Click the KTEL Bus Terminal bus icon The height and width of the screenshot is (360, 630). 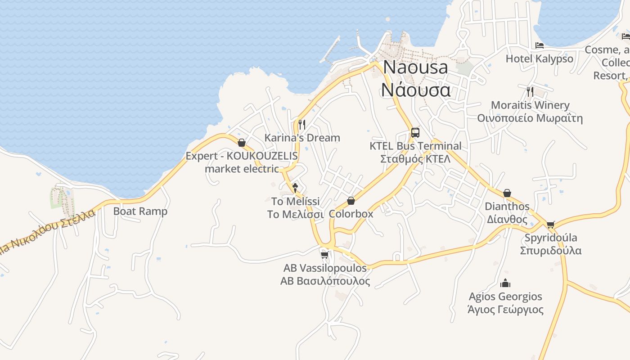(x=415, y=133)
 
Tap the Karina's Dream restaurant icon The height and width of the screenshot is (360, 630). (x=302, y=124)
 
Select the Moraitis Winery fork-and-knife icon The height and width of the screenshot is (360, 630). (x=530, y=92)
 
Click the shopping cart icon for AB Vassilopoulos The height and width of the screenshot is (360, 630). (x=324, y=255)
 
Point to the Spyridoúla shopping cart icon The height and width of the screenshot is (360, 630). (x=550, y=224)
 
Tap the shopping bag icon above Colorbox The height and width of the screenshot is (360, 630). (x=351, y=201)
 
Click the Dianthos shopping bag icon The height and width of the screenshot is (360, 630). (x=507, y=193)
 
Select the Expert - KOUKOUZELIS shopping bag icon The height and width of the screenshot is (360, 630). (x=242, y=143)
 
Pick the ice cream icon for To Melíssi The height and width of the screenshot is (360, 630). (x=295, y=187)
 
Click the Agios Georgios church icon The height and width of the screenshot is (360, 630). (x=505, y=283)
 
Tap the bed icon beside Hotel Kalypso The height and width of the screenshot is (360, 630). (x=540, y=45)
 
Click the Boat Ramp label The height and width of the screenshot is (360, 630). (x=140, y=211)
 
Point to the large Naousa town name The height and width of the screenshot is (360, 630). (x=415, y=67)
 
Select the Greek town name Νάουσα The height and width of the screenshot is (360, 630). (x=415, y=90)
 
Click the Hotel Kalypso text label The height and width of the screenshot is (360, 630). (x=540, y=58)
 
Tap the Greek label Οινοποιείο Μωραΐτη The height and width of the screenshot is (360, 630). (x=530, y=118)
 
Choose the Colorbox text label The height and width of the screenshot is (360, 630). (x=351, y=214)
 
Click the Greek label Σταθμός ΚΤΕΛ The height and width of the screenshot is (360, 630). (x=415, y=159)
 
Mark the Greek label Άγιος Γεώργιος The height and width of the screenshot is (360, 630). (x=505, y=310)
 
